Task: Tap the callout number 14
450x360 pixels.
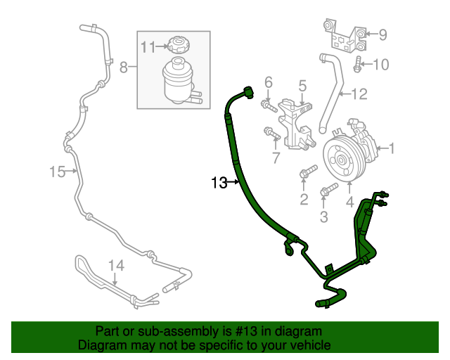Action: [x=115, y=266]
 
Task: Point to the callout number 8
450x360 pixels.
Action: [x=123, y=67]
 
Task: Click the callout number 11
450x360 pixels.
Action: [x=148, y=47]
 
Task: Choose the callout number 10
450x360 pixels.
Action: [x=380, y=65]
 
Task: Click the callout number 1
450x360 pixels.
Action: [x=392, y=148]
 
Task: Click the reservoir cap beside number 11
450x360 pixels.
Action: [x=176, y=46]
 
